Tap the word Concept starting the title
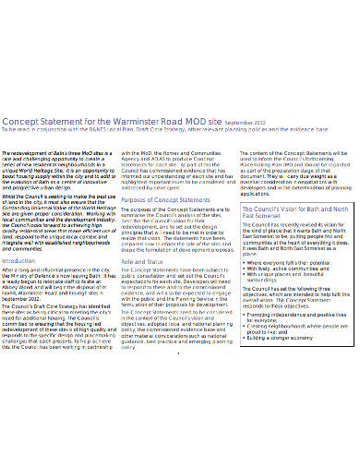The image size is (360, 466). pyautogui.click(x=24, y=147)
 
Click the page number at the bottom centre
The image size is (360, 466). pyautogui.click(x=179, y=428)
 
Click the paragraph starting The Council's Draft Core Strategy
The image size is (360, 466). pyautogui.click(x=60, y=374)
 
